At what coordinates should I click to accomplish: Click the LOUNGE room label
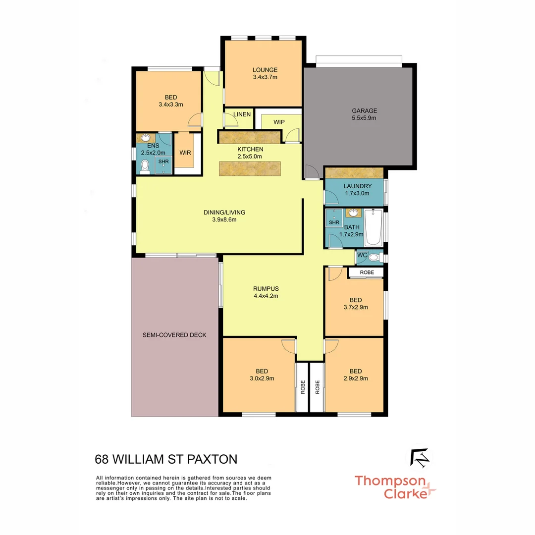pos(265,70)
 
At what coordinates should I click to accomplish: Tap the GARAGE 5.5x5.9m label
pos(364,110)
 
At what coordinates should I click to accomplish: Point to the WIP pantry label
pos(279,122)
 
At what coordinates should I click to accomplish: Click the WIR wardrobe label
pos(185,153)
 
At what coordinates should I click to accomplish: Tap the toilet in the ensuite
pos(145,167)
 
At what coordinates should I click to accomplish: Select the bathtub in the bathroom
pos(373,228)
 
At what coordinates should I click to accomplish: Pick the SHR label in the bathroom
pos(334,223)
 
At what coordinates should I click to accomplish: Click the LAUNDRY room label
pos(357,186)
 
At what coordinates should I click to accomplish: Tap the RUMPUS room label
pos(266,289)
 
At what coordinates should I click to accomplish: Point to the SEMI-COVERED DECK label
pos(174,335)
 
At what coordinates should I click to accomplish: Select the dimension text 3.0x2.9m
pos(262,378)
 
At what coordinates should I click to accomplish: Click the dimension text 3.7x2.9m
pos(355,307)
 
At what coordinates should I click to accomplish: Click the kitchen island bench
pos(250,168)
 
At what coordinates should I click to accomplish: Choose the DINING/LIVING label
pos(224,213)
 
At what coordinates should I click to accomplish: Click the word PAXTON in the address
pos(212,459)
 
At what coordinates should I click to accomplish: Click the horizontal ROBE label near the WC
pos(367,272)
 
